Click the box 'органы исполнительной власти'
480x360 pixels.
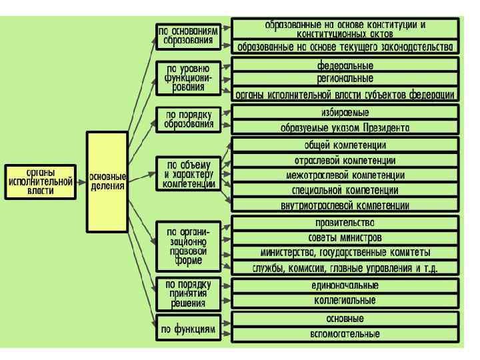coord(40,181)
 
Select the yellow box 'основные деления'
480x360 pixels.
coord(107,181)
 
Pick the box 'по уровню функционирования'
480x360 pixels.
coord(189,79)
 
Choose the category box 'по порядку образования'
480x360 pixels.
coord(189,119)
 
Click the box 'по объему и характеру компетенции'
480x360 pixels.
coord(189,173)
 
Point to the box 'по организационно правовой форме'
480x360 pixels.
coord(189,246)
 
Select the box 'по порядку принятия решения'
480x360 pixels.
coord(189,293)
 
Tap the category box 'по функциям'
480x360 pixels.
coord(189,328)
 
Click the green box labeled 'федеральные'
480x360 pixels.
coord(345,65)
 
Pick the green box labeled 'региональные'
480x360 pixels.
coord(345,79)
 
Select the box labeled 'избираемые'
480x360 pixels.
coord(345,112)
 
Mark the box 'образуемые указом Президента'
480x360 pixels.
coord(345,127)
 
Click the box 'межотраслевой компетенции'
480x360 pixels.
coord(345,175)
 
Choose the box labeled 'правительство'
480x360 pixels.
coord(345,223)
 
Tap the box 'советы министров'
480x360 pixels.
coord(345,238)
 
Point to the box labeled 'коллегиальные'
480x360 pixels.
coord(345,301)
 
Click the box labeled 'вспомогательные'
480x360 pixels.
coord(345,333)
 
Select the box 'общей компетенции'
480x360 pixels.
coord(345,145)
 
